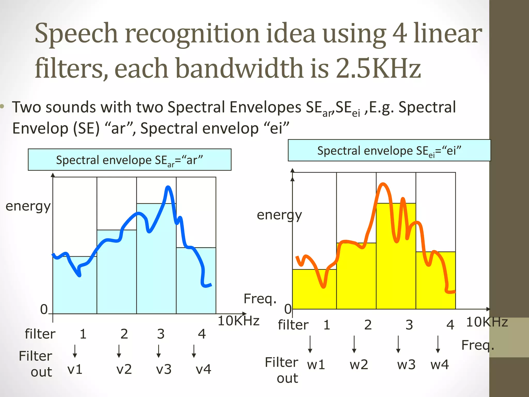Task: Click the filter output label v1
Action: (x=75, y=369)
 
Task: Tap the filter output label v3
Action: (x=164, y=369)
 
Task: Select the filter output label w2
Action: (x=359, y=364)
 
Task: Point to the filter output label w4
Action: (x=440, y=364)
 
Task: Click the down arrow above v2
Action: (x=119, y=351)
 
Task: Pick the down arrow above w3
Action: (x=398, y=344)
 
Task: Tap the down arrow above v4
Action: (x=194, y=351)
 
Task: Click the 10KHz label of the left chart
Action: (x=238, y=321)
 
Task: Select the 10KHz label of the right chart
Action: (x=487, y=322)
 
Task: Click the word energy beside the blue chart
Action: (x=28, y=206)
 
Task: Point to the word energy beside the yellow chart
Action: (x=279, y=215)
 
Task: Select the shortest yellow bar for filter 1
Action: (x=314, y=289)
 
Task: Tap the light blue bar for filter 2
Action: (x=117, y=274)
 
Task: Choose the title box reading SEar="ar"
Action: (x=129, y=160)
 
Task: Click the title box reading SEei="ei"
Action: (x=389, y=150)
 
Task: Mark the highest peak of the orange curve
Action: (x=383, y=184)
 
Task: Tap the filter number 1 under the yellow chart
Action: (x=327, y=325)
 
